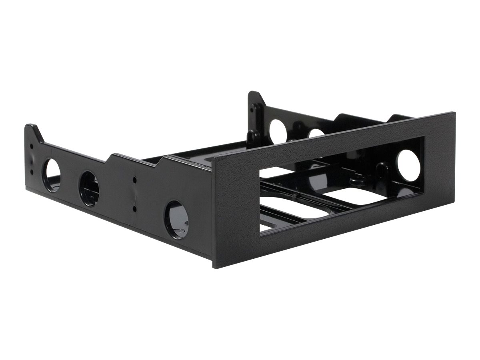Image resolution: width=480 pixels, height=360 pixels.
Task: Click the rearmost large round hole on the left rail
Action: coord(52,175)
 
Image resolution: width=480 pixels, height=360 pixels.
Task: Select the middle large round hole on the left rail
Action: coord(89,189)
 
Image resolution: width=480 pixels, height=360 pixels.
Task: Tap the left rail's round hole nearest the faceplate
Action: coord(176,220)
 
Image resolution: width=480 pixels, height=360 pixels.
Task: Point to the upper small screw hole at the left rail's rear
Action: coord(32,146)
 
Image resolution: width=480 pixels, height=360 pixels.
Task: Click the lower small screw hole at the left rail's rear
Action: coord(32,172)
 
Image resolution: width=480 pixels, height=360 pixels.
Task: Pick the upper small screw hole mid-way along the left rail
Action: coord(134,180)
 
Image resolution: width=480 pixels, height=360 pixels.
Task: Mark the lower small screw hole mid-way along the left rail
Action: coord(134,208)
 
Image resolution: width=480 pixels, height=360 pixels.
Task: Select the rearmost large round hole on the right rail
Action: coord(278,132)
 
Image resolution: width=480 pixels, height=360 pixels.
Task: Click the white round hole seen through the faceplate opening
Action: coord(408,165)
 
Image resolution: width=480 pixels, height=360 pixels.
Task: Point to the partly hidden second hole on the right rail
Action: coord(316,133)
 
